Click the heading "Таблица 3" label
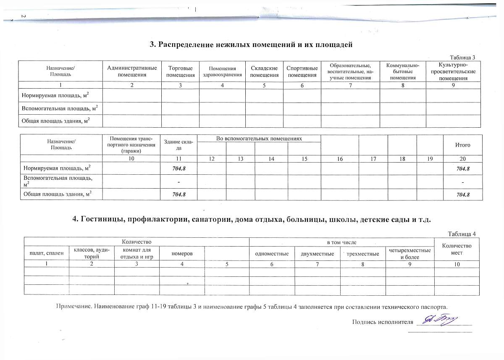(462, 58)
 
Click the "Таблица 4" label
(462, 234)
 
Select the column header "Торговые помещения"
(180, 71)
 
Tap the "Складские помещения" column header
(264, 71)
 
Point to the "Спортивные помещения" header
(302, 71)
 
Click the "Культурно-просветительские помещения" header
(453, 71)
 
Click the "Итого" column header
(462, 145)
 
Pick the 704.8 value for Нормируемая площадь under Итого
(462, 169)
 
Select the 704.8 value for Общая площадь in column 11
(178, 194)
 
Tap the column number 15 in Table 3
(304, 159)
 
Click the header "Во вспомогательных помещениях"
(259, 139)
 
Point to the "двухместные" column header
(318, 254)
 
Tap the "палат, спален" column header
(46, 254)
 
